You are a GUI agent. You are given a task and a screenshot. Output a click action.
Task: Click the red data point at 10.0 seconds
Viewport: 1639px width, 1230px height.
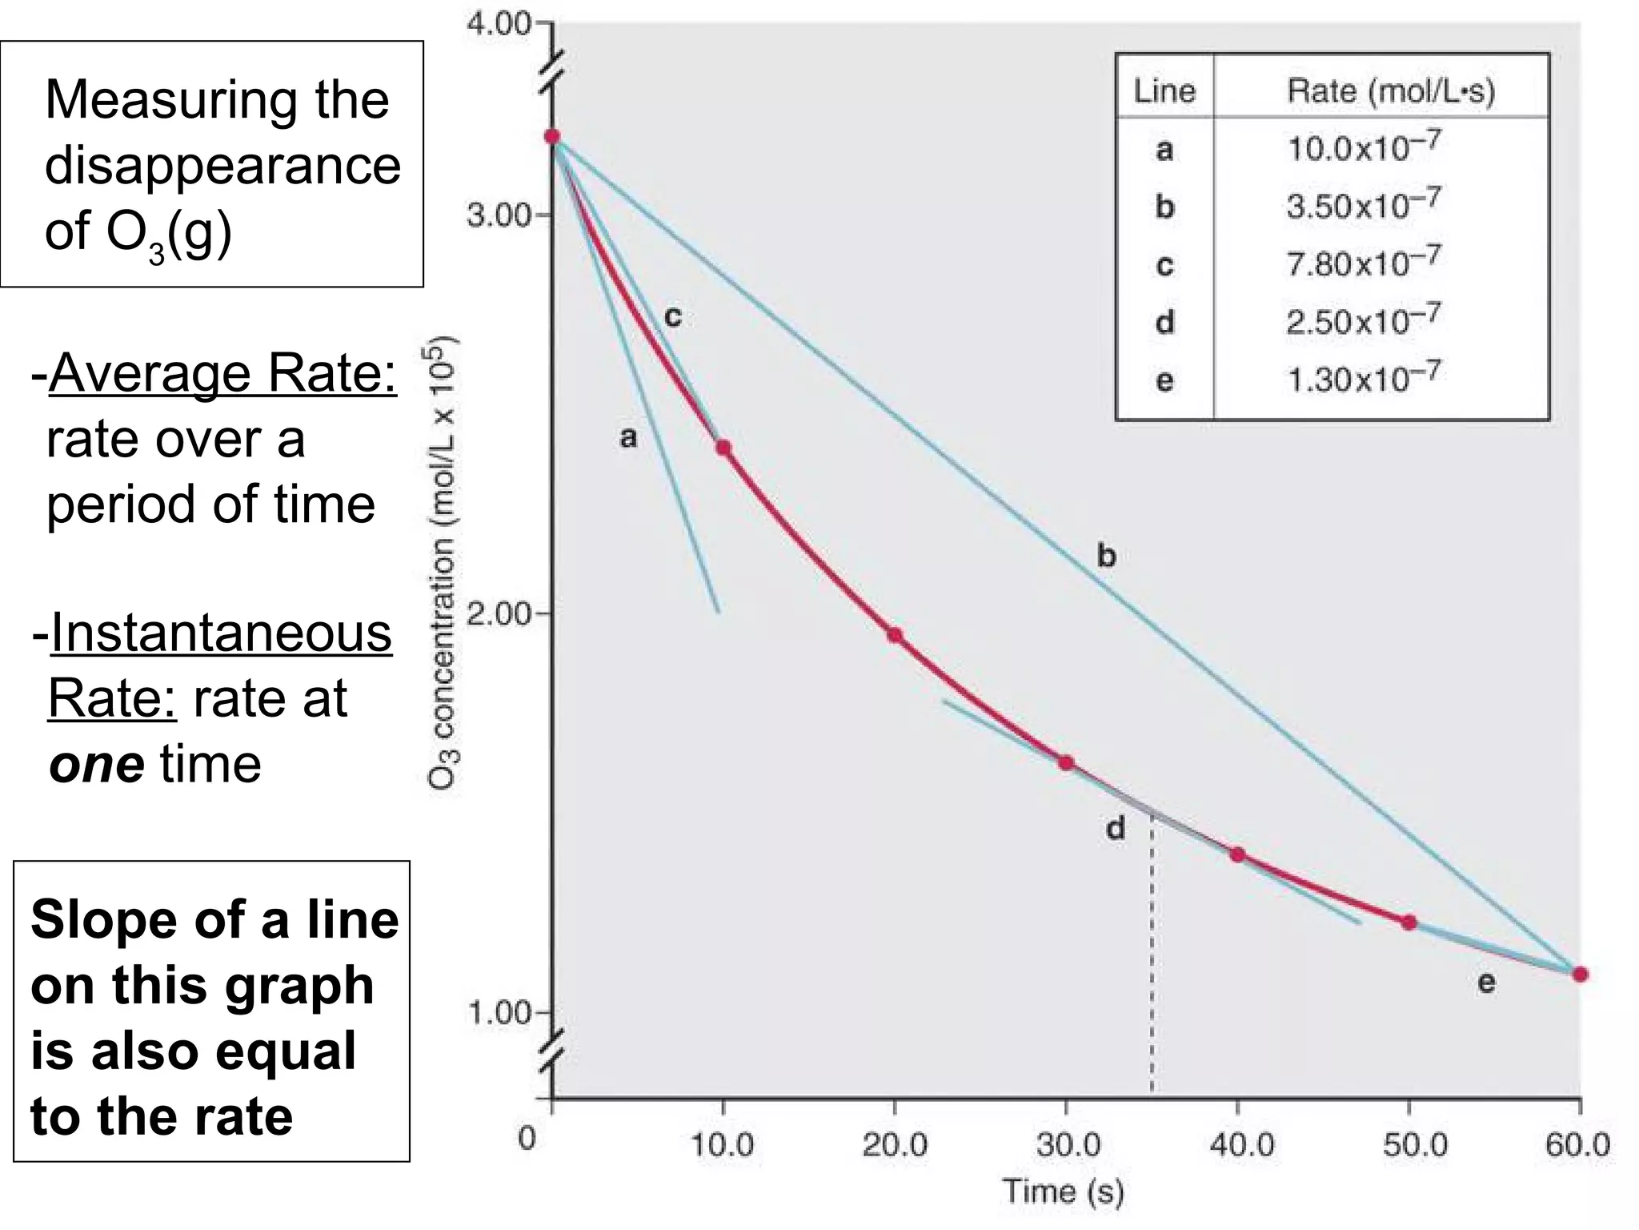(723, 448)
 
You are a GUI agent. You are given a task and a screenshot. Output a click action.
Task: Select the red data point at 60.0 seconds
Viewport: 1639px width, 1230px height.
(1580, 975)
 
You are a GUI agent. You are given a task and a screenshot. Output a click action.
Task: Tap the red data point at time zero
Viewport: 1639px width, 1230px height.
(552, 136)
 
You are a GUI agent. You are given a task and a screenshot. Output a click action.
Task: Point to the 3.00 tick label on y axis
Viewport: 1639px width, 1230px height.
(498, 216)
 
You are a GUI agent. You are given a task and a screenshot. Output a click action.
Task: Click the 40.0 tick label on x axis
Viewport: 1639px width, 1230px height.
(1241, 1145)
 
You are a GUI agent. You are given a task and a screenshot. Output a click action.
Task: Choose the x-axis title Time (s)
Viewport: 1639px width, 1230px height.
(1064, 1192)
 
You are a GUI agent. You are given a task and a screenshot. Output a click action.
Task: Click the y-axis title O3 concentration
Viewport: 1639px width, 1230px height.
(442, 561)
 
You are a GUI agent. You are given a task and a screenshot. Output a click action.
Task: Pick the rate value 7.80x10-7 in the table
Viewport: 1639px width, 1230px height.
(1364, 262)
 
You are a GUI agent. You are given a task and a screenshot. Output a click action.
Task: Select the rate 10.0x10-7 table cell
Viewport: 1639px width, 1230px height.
(1364, 147)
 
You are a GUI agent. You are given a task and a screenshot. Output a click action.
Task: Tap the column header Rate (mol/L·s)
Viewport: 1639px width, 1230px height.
(1390, 90)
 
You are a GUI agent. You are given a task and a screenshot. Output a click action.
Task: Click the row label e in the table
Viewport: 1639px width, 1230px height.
(1164, 380)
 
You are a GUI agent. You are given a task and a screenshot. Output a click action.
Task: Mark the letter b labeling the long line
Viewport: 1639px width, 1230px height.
(1106, 555)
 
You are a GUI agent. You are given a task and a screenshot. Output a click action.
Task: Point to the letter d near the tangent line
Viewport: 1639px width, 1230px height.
(1115, 828)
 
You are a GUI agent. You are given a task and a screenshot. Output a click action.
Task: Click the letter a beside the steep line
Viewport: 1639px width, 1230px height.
(629, 438)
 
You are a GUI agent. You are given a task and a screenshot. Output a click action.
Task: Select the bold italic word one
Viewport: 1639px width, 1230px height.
(97, 764)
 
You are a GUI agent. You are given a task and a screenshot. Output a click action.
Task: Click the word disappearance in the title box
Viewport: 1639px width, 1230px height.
(222, 166)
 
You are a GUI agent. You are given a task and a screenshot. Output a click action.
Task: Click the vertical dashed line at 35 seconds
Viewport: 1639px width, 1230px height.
(1152, 961)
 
